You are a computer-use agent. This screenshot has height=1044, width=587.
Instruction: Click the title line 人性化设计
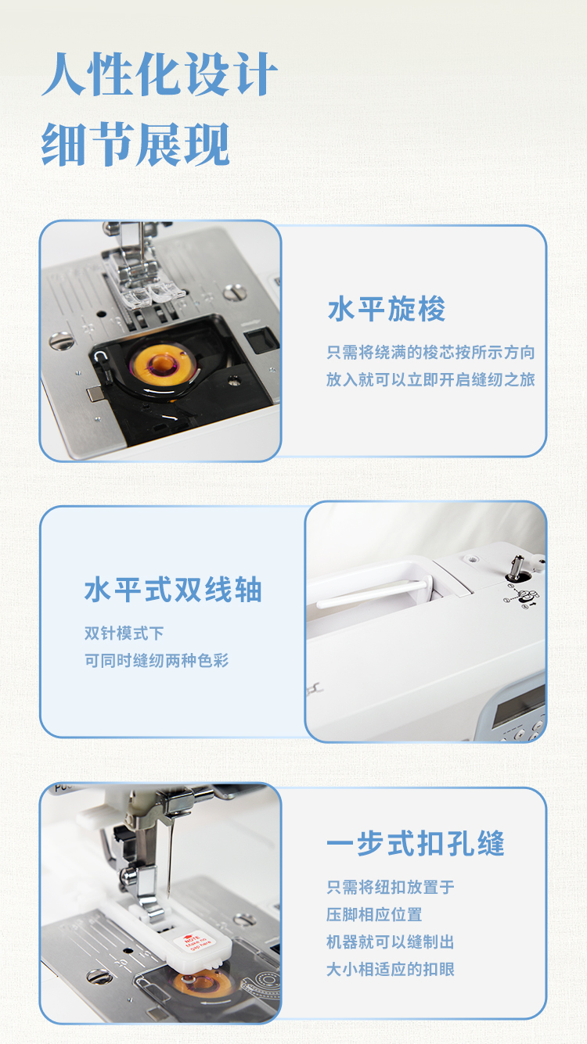coord(160,74)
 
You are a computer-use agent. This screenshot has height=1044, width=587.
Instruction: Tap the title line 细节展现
coord(135,145)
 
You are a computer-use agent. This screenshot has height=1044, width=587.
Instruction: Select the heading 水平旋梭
coord(387,309)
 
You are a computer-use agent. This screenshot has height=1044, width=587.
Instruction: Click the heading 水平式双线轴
coord(173,590)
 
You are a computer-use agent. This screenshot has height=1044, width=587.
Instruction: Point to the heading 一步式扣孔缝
coord(416,844)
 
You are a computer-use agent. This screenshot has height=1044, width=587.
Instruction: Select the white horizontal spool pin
coord(374,593)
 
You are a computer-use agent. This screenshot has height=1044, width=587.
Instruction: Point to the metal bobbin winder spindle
coord(517,567)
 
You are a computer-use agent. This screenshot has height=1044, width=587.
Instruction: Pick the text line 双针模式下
coord(124,633)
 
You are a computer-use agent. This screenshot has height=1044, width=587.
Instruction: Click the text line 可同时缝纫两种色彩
coord(157,661)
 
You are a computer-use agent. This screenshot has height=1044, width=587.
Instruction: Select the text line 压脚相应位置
coord(374,914)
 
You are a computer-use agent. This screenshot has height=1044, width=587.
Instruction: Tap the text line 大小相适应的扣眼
coord(390,970)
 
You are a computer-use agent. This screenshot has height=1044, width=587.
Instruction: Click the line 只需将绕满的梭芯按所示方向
coord(430,353)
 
